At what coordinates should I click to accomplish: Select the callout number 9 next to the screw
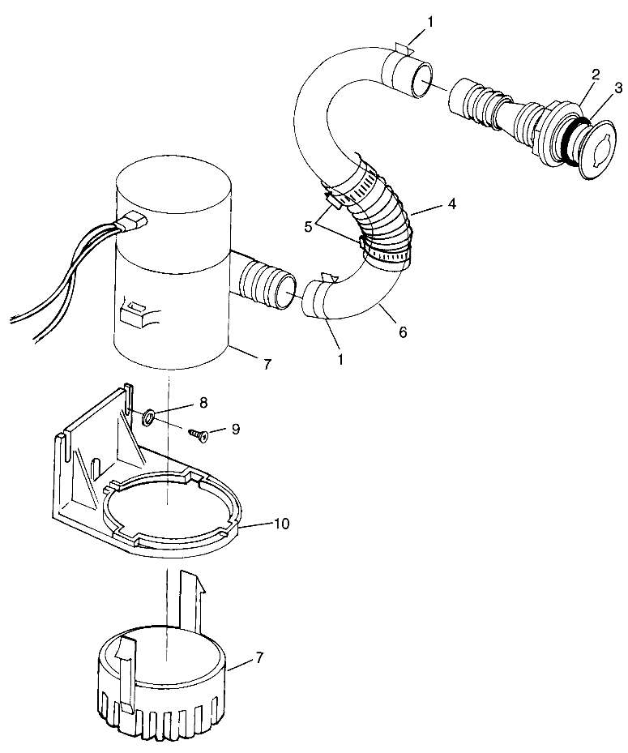coord(235,429)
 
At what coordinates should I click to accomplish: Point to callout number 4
coord(450,204)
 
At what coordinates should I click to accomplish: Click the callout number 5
coord(309,227)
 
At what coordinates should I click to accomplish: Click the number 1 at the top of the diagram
coord(430,22)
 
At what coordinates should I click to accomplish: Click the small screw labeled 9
coord(199,435)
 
